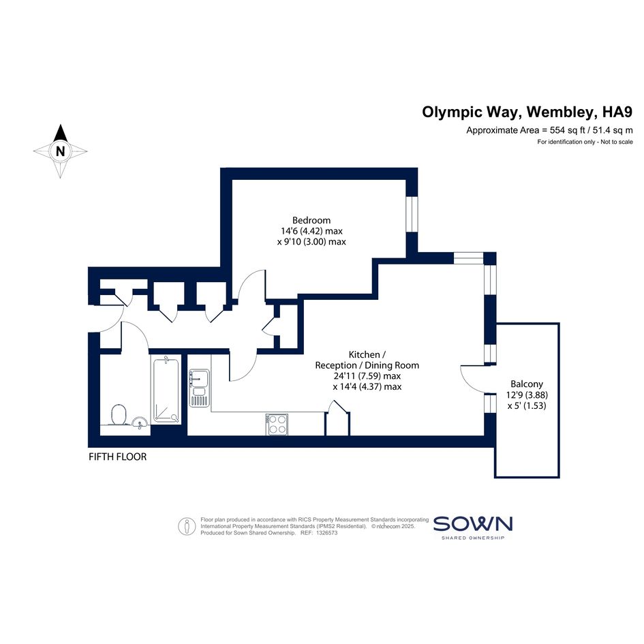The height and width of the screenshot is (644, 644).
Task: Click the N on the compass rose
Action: (x=61, y=151)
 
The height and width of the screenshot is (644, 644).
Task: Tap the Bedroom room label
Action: (x=311, y=220)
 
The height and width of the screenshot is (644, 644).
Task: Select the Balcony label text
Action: (x=527, y=384)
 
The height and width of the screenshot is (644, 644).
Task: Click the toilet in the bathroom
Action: (x=119, y=414)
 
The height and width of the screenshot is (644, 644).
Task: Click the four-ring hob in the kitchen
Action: (x=277, y=425)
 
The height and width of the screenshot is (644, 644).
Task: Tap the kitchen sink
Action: (x=199, y=388)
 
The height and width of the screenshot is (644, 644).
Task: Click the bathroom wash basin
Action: (x=140, y=422)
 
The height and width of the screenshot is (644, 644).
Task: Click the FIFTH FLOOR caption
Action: (x=117, y=457)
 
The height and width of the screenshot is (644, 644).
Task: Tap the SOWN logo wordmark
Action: (x=473, y=524)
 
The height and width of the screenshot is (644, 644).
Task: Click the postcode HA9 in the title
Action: (x=617, y=112)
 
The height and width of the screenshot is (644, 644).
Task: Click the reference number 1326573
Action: (x=325, y=533)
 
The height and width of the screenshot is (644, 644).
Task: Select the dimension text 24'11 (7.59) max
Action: (x=367, y=375)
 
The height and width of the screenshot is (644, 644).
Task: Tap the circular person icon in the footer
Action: (x=187, y=526)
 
